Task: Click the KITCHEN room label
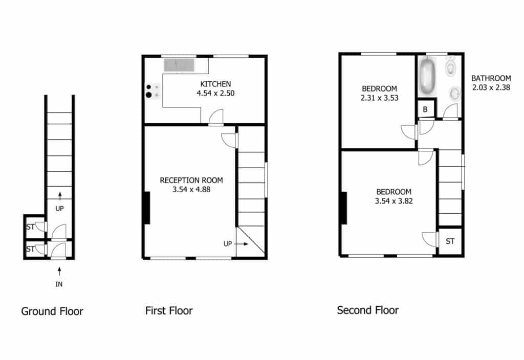[x=215, y=84]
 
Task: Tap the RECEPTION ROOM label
[x=191, y=181]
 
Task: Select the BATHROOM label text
[x=491, y=78]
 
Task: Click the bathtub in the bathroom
[x=427, y=76]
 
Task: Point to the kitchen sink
[x=179, y=65]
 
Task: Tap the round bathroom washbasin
[x=454, y=94]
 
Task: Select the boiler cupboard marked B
[x=425, y=109]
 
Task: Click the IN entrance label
[x=59, y=284]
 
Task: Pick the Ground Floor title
[x=52, y=311]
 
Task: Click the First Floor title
[x=169, y=310]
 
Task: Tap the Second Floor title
[x=367, y=310]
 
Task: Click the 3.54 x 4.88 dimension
[x=191, y=190]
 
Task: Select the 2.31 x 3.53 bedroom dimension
[x=379, y=98]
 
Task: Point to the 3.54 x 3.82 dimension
[x=394, y=201]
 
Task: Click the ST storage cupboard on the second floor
[x=450, y=241]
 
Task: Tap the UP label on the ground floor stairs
[x=59, y=209]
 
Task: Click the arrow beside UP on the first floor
[x=242, y=244]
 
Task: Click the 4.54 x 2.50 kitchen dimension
[x=215, y=93]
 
